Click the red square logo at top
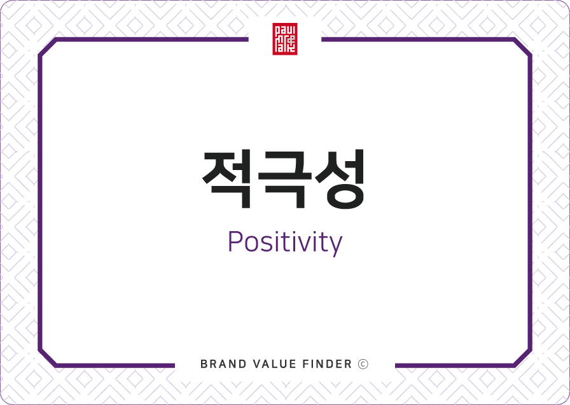click(285, 39)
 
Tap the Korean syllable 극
click(285, 179)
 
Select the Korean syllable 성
click(340, 178)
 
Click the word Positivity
click(285, 243)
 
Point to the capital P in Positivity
click(235, 241)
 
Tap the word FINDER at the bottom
click(327, 364)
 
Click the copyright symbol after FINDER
click(363, 364)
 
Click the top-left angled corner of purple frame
click(48, 47)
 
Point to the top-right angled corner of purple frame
click(522, 47)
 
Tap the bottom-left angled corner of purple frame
click(48, 357)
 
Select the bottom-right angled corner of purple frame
click(522, 357)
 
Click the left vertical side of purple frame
click(40, 202)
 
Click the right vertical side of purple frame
click(530, 202)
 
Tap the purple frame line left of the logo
click(153, 39)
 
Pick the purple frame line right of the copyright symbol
click(454, 366)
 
